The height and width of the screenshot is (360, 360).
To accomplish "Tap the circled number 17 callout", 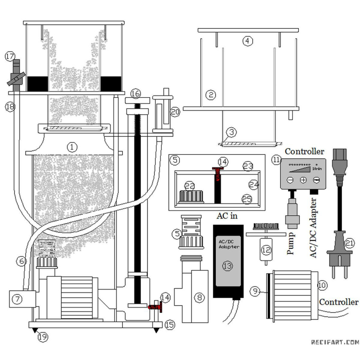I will pyautogui.click(x=9, y=57).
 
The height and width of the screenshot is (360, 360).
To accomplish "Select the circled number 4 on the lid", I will pyautogui.click(x=248, y=41).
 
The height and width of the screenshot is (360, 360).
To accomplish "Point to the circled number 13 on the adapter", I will pyautogui.click(x=227, y=266).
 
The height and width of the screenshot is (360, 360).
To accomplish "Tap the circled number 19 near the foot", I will pyautogui.click(x=43, y=337).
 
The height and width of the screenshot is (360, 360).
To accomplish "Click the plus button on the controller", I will pyautogui.click(x=303, y=180).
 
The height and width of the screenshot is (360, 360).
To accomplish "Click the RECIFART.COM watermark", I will pyautogui.click(x=335, y=342).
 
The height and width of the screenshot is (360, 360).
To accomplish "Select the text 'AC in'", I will pyautogui.click(x=227, y=216).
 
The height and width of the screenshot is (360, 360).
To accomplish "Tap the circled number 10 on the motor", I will pyautogui.click(x=322, y=285).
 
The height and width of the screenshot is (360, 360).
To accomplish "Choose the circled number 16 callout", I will pyautogui.click(x=136, y=94).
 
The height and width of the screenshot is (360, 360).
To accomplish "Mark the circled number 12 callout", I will pyautogui.click(x=266, y=250).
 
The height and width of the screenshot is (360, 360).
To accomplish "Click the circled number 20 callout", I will pyautogui.click(x=175, y=112).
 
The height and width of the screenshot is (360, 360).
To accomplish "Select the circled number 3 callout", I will pyautogui.click(x=232, y=133).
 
